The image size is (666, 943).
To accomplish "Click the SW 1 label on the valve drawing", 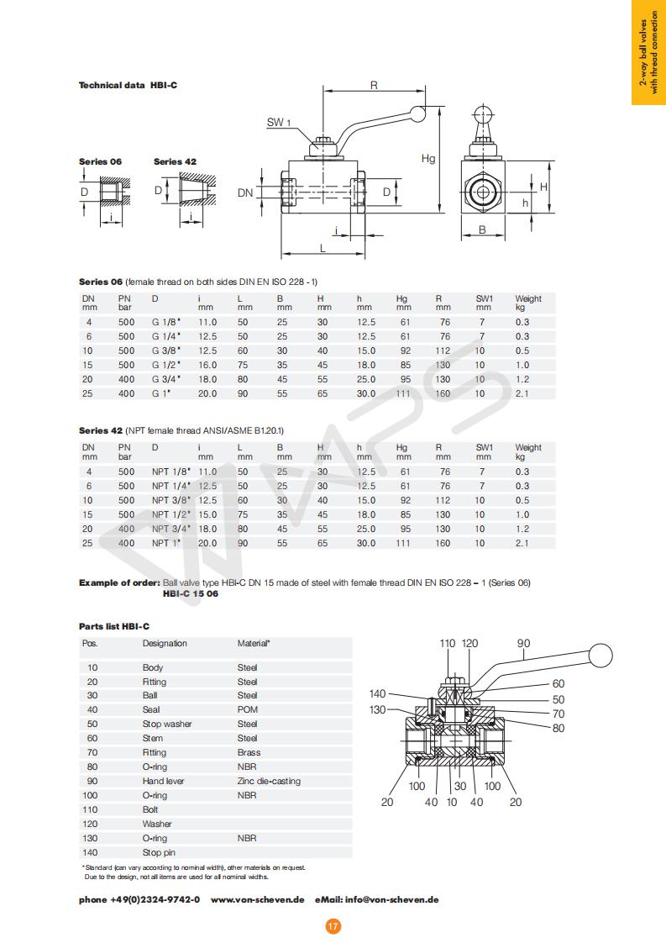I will click(x=279, y=123).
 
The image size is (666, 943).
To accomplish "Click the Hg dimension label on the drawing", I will click(x=428, y=158).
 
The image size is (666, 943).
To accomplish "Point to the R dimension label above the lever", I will click(x=374, y=85).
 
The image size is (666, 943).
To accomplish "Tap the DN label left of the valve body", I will click(x=245, y=192).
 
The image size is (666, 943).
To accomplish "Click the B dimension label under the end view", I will click(x=483, y=229).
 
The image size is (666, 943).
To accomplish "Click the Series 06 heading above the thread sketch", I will click(x=100, y=161).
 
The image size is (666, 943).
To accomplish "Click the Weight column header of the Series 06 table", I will click(x=528, y=298).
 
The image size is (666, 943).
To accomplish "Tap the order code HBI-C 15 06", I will click(x=191, y=593).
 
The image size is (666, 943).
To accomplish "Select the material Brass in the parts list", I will click(x=249, y=752).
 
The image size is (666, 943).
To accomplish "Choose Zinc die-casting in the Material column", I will click(x=269, y=781).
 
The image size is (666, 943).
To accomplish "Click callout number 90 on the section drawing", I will click(x=523, y=645).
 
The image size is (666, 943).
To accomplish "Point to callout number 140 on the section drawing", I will click(x=377, y=694).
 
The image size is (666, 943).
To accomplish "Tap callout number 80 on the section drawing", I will click(x=558, y=728).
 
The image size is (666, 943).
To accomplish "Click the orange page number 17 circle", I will click(x=333, y=926).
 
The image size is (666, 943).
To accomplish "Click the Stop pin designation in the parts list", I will click(x=159, y=852).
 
